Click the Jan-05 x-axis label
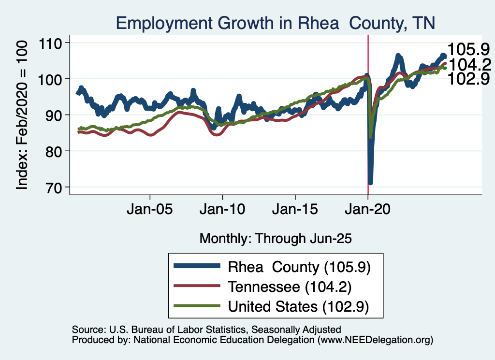(150, 211)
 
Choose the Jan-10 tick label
(222, 211)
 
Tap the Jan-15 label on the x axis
(295, 211)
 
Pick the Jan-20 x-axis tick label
(368, 211)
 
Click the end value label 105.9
(468, 49)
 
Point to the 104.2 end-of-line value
(468, 64)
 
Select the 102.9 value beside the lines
(468, 79)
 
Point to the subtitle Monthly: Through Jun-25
(275, 238)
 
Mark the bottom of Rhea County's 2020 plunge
(370, 182)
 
